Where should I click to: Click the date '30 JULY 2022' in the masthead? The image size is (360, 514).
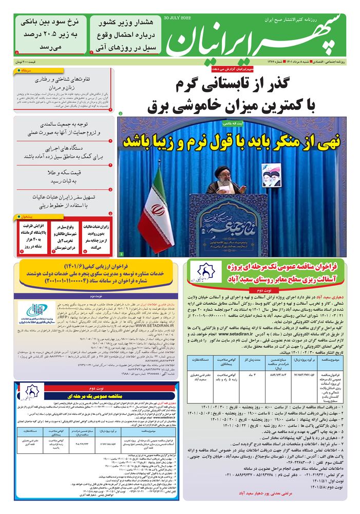click(177, 17)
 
